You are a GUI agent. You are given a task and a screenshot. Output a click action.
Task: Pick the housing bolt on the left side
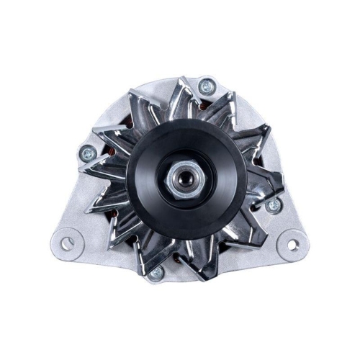pos(87,152)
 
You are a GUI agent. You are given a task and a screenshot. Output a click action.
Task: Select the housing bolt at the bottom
pos(156,272)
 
